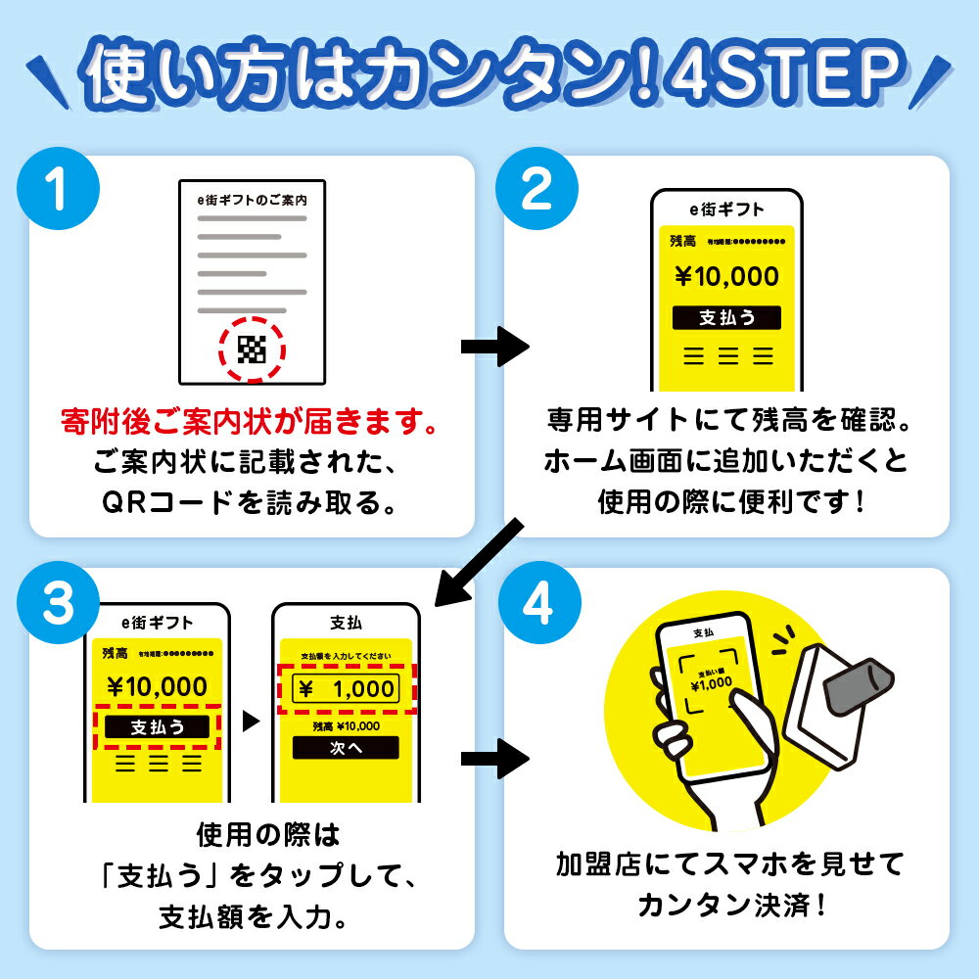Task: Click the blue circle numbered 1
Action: [x=60, y=192]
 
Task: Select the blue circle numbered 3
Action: [x=60, y=605]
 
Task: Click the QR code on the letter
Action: [x=252, y=349]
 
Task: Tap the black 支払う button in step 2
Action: [x=726, y=317]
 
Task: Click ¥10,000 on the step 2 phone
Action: [x=726, y=277]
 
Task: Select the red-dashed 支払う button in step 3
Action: [x=157, y=726]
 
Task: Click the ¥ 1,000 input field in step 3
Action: [x=346, y=688]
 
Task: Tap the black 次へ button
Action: [x=346, y=747]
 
